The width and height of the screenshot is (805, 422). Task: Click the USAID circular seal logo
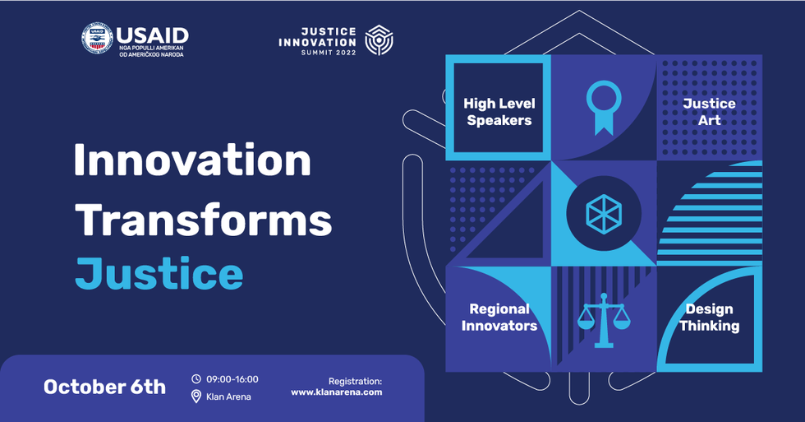(97, 39)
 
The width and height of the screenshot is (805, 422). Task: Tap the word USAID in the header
(153, 35)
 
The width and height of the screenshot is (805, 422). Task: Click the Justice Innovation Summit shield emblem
(379, 40)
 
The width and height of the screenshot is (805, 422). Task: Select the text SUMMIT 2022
(329, 53)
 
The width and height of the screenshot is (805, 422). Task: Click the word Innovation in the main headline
(192, 160)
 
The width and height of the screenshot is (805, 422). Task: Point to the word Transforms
(204, 220)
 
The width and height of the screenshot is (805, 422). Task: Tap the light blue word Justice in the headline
(159, 274)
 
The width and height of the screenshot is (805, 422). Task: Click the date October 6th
(105, 387)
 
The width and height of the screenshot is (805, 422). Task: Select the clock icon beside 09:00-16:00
(196, 379)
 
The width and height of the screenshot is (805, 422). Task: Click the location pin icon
(196, 396)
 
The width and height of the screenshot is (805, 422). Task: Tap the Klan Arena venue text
(228, 396)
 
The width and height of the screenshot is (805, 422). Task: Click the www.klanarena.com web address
(337, 392)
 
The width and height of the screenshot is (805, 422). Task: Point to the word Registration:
(355, 382)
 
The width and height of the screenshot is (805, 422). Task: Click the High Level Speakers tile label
(499, 112)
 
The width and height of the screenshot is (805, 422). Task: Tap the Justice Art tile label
(709, 112)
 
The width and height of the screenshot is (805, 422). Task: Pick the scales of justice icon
(604, 320)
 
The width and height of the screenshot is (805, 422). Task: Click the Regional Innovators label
(499, 318)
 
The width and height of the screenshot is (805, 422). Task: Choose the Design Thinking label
(710, 318)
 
